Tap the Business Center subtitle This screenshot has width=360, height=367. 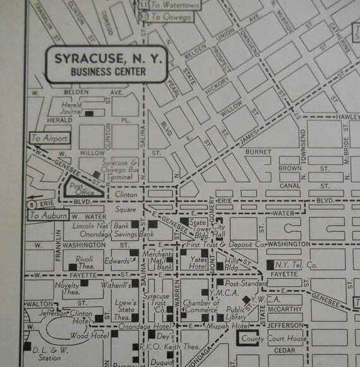pos(108,72)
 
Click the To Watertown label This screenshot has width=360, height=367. pos(174,6)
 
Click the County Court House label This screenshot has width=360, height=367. pos(275,339)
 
